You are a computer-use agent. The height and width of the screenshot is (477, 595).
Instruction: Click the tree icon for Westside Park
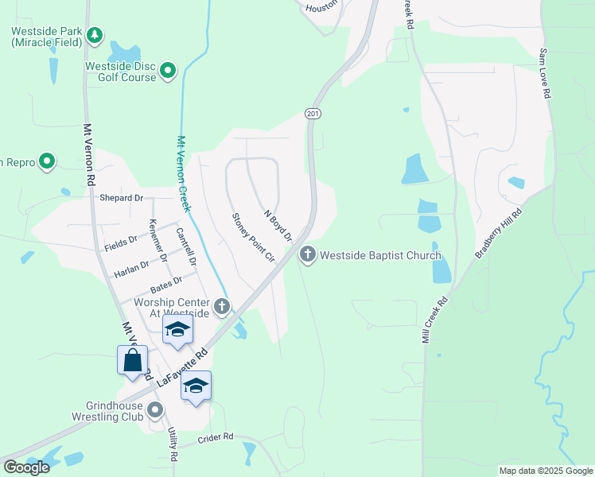coord(95,35)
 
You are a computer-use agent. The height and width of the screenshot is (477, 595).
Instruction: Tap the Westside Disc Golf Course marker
coord(168,72)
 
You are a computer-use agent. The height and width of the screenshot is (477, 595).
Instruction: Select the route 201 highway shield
coord(313,114)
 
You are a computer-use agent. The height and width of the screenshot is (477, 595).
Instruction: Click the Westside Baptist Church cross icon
coord(308,255)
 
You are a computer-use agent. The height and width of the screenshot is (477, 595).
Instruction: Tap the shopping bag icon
coord(132,360)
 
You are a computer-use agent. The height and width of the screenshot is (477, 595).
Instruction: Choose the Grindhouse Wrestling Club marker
coord(155,410)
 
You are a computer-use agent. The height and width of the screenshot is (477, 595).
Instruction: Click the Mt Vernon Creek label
coord(185,174)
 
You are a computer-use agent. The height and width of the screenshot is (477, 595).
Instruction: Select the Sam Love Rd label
coord(545,72)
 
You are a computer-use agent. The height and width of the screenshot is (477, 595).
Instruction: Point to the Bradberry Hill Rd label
coord(498,233)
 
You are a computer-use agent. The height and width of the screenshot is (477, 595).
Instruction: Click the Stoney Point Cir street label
coord(253,238)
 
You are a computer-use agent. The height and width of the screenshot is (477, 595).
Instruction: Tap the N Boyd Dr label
coord(278,226)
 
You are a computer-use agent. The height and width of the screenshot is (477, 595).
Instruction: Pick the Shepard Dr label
coord(121,198)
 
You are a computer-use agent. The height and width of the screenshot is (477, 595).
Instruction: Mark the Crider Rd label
coord(216,436)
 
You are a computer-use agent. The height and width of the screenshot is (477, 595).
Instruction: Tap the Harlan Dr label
coord(132,266)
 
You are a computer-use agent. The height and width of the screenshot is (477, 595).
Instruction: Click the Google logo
coord(27,467)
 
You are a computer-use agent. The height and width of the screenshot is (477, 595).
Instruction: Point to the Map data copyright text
coord(545,471)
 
